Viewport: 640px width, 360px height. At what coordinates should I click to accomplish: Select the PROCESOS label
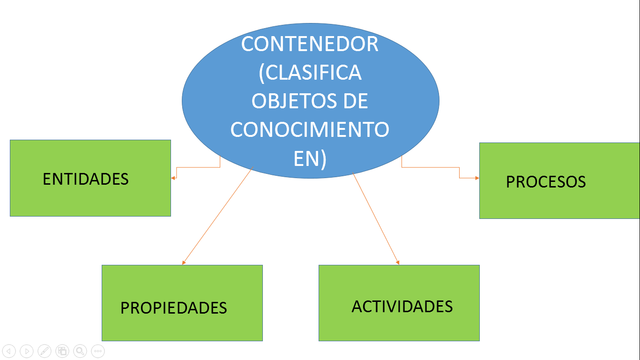pyautogui.click(x=545, y=182)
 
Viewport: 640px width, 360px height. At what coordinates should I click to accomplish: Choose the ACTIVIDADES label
pyautogui.click(x=402, y=305)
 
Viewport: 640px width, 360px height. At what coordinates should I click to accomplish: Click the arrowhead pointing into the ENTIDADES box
pyautogui.click(x=174, y=178)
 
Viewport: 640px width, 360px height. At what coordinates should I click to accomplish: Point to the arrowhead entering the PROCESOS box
pyautogui.click(x=476, y=178)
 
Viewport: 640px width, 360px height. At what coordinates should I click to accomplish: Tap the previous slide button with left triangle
pyautogui.click(x=9, y=351)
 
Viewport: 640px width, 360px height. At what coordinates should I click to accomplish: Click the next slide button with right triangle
pyautogui.click(x=27, y=351)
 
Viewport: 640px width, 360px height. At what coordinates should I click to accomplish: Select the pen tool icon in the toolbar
pyautogui.click(x=44, y=351)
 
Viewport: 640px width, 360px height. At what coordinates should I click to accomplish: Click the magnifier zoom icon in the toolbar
pyautogui.click(x=79, y=351)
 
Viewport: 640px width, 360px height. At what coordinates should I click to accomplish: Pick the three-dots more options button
pyautogui.click(x=97, y=351)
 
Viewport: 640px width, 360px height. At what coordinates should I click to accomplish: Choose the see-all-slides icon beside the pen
pyautogui.click(x=62, y=351)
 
